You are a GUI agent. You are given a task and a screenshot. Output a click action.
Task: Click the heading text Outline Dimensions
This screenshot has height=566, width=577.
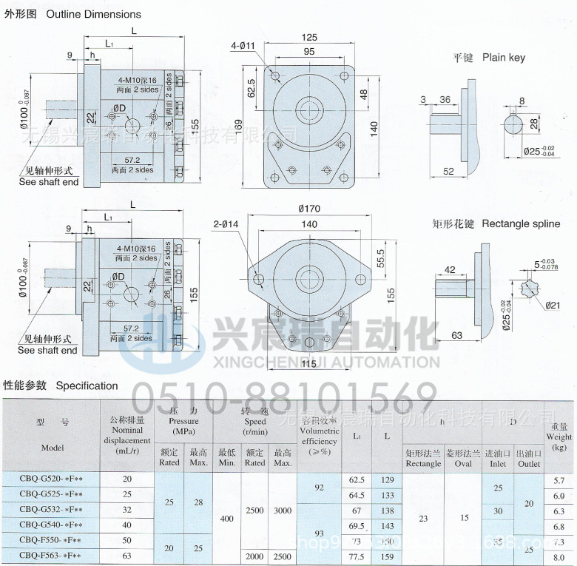pos(93,14)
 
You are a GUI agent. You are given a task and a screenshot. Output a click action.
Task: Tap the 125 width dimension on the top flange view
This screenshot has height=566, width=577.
pos(309,37)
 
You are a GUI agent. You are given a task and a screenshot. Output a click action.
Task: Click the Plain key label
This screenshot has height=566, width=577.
pos(504,57)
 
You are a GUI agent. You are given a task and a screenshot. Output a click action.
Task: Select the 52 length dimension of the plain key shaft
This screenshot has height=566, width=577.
pos(448,172)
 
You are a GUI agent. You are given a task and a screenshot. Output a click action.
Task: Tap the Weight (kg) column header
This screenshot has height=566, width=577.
pos(559,437)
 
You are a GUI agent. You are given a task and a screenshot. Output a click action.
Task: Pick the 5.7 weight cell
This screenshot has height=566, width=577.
pos(559,480)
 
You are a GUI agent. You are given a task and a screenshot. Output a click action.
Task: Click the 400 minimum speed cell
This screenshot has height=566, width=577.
pos(227,519)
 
